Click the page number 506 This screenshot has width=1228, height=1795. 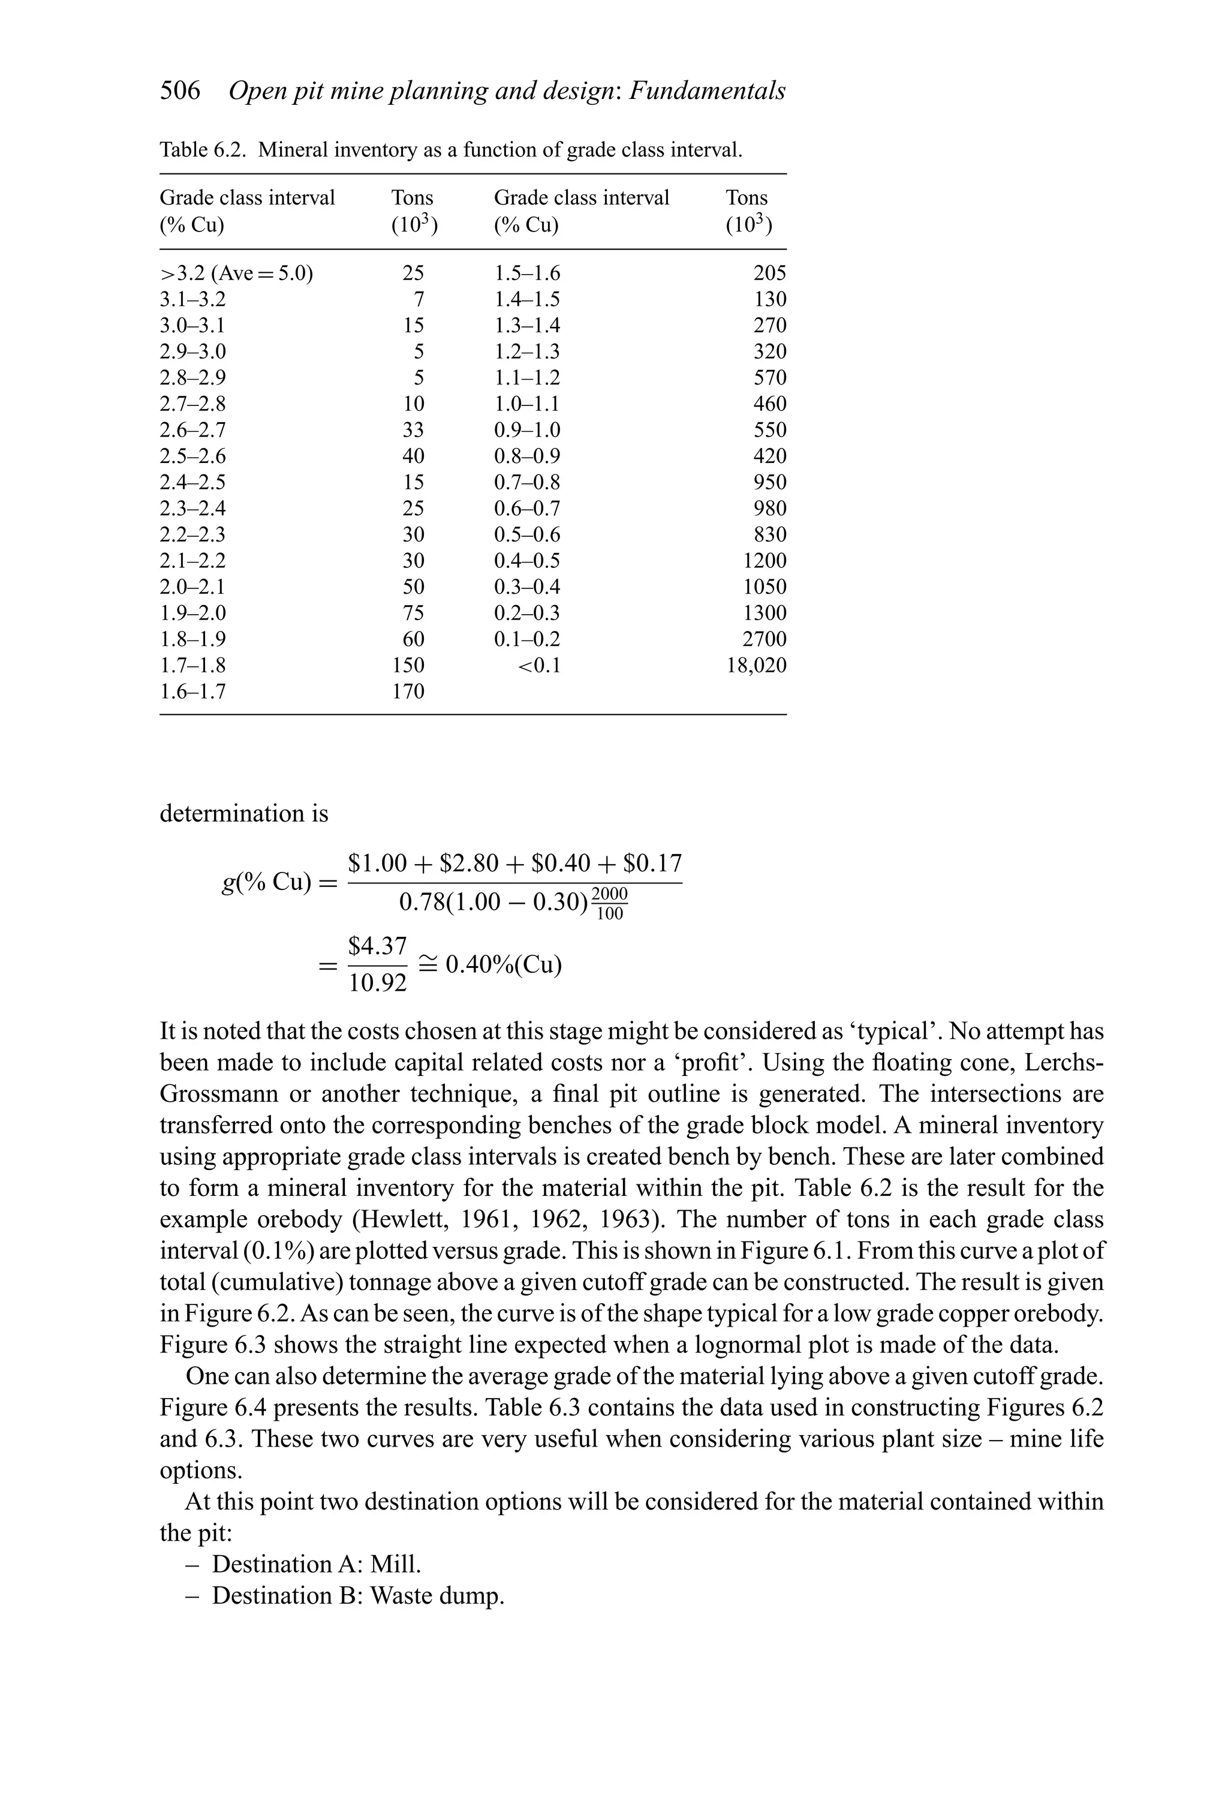180,91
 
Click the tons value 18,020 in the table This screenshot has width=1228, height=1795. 756,665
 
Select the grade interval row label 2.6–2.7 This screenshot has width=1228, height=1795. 192,430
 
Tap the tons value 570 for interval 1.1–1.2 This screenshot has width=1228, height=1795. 769,378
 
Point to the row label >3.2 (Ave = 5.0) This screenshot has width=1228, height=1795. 236,273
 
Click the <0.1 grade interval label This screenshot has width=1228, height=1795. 538,665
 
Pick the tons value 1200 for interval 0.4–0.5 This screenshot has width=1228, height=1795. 764,561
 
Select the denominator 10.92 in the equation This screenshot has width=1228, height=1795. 378,983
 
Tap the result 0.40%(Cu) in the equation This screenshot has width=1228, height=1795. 504,965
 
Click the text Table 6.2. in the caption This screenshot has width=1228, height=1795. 204,150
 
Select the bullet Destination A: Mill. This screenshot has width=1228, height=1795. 316,1564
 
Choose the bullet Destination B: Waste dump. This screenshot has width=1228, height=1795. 357,1596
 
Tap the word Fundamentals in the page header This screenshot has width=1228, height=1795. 708,91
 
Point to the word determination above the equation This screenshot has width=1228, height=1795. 243,813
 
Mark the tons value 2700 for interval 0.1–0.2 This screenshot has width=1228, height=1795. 764,639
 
